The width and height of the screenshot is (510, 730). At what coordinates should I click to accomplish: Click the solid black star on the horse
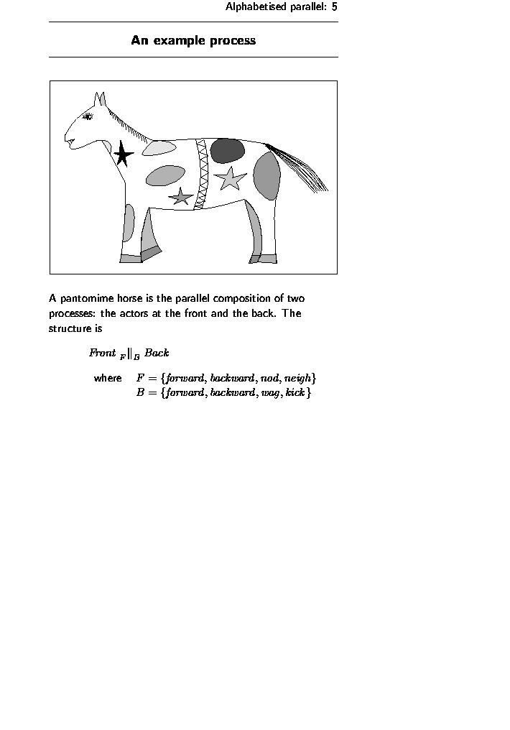point(123,154)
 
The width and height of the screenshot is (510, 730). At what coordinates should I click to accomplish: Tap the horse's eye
point(88,116)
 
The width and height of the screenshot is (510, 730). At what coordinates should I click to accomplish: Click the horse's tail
point(302,170)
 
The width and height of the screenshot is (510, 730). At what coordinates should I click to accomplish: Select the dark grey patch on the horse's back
point(227,150)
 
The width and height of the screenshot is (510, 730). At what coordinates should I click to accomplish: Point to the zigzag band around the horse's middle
point(202,174)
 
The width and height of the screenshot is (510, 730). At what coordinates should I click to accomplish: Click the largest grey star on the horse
point(231,177)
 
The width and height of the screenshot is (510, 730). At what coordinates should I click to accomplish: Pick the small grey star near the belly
point(181,196)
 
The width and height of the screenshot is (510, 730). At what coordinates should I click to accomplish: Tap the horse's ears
point(100,99)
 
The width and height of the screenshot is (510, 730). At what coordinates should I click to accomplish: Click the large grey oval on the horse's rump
point(266,176)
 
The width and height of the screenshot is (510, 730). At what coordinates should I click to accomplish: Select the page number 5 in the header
point(335,7)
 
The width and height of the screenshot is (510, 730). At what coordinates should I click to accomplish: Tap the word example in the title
point(179,40)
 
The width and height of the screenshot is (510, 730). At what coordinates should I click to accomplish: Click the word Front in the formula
point(102,353)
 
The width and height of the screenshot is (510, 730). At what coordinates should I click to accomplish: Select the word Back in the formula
point(157,353)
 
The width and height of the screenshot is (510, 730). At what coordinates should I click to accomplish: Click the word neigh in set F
point(297,378)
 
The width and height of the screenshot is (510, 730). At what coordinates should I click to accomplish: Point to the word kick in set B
point(295,393)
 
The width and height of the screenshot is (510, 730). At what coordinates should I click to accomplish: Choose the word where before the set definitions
point(108,378)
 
